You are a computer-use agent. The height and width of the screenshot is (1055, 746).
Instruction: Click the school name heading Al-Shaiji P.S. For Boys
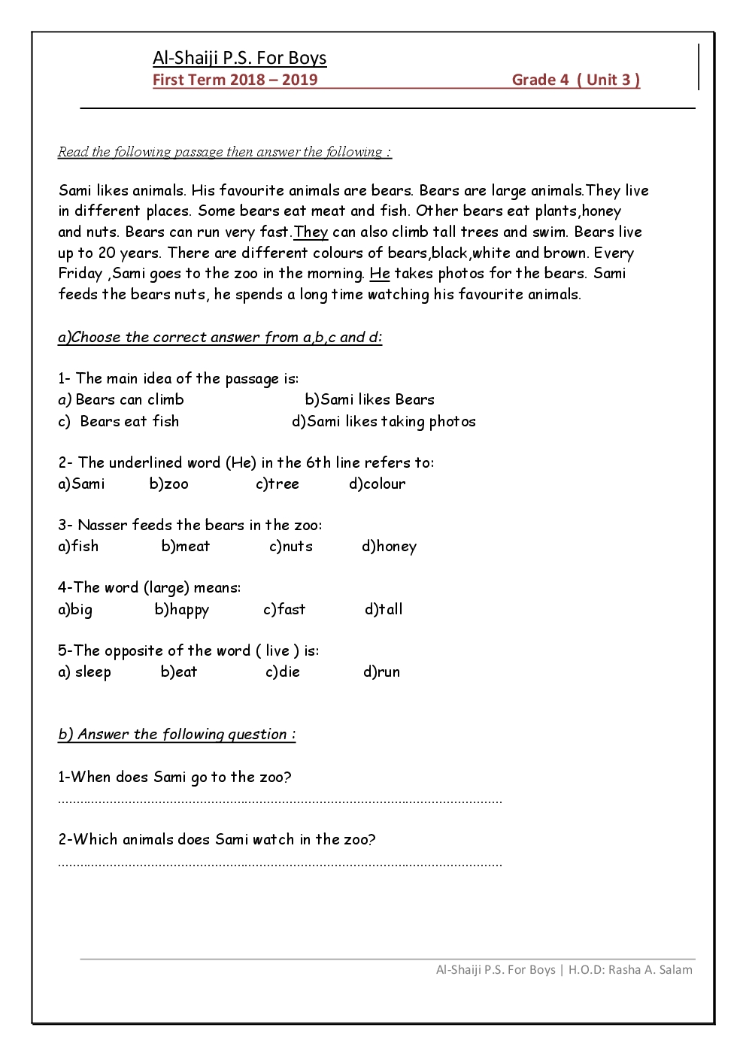239,58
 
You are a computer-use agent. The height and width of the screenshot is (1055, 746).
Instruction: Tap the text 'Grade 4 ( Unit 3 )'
575,80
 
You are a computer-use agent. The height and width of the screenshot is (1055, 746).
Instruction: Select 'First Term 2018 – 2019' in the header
235,80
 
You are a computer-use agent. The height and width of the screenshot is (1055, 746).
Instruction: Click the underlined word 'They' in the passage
311,232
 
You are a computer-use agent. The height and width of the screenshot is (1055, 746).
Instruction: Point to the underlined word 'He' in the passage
380,273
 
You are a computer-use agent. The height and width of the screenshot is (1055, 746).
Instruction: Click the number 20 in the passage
108,253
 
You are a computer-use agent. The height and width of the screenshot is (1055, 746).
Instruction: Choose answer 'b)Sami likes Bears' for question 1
369,399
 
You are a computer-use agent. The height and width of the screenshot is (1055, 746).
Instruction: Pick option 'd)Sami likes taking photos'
384,421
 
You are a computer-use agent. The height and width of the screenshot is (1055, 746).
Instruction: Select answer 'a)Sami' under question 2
81,484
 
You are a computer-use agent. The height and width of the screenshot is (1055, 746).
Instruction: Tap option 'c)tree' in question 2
277,484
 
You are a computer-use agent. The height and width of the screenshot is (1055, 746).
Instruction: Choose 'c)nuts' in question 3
290,546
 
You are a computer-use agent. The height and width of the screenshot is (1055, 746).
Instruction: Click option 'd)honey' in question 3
389,546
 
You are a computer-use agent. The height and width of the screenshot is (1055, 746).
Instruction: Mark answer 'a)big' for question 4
75,609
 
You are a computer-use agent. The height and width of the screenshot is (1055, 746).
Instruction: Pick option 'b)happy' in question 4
181,609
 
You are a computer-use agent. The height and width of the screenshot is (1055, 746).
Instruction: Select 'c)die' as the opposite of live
282,672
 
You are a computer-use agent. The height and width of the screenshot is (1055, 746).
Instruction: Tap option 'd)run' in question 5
381,672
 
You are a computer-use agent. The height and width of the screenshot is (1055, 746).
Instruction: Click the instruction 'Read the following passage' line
224,152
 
